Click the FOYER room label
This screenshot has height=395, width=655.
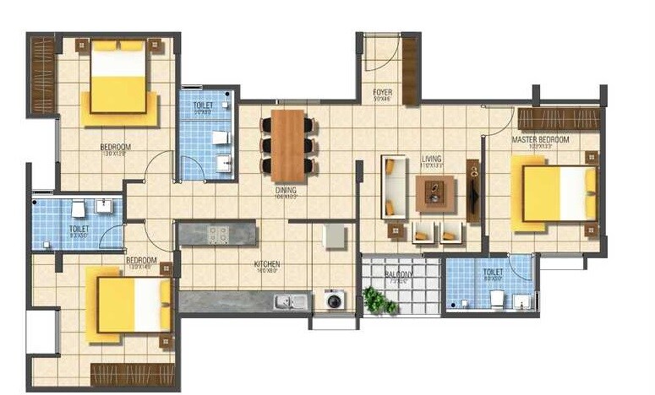tap(382, 92)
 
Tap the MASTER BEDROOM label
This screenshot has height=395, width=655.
tap(540, 139)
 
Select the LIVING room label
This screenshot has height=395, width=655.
tap(433, 158)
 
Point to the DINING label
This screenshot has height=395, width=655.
tap(286, 191)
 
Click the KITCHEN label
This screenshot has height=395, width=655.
tap(267, 265)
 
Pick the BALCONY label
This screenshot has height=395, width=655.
tap(400, 273)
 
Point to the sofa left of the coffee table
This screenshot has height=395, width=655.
tap(392, 187)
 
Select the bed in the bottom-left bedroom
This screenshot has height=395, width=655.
tap(128, 305)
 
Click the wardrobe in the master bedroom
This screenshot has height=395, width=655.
tap(558, 118)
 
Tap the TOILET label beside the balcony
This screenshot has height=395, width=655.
tap(493, 272)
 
